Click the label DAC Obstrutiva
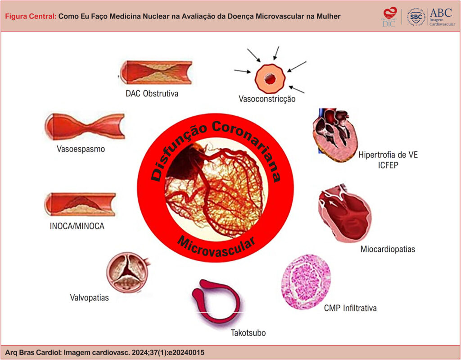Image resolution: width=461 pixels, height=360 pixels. [152, 94]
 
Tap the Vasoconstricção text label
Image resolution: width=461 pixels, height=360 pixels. [267, 99]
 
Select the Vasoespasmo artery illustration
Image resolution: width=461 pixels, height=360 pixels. [85, 127]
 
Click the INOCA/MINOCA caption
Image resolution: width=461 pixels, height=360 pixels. [77, 226]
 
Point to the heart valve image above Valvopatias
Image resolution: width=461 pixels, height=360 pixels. [127, 272]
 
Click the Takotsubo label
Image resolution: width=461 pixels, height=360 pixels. [248, 333]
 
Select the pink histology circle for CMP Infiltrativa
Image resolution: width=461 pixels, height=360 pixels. [306, 281]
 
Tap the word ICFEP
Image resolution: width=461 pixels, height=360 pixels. [388, 165]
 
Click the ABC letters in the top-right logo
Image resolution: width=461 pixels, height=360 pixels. [441, 12]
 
